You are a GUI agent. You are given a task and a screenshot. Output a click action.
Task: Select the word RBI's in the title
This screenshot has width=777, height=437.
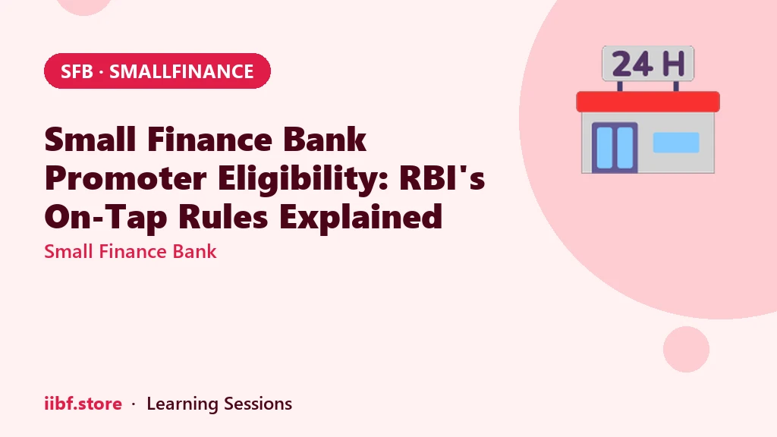coord(442,178)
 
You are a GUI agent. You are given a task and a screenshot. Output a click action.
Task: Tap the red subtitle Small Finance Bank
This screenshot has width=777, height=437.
coord(131,251)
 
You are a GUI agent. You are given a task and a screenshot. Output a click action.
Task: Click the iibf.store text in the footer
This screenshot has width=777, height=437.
coord(83,404)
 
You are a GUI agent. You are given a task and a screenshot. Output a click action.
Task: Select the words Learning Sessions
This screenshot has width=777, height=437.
coord(219,404)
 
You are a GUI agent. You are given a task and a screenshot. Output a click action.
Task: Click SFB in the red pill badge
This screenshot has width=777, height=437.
coord(77,71)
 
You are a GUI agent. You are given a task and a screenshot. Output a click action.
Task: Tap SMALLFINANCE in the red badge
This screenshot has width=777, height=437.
coord(181,71)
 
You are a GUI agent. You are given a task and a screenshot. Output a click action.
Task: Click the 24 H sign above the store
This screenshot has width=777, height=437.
coord(648,64)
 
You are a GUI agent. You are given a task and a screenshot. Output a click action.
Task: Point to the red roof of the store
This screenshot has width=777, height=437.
coord(648,102)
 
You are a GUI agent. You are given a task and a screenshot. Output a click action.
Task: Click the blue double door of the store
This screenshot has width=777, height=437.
coord(615,148)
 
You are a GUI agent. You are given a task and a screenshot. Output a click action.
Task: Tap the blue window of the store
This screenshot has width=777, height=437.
coord(676,142)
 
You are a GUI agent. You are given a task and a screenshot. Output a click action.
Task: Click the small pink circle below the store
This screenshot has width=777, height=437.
coord(686,349)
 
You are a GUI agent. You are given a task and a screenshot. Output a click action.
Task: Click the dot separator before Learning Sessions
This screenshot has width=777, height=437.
coord(134,404)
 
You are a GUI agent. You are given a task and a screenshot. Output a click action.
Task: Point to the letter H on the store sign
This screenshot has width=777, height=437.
coord(673,64)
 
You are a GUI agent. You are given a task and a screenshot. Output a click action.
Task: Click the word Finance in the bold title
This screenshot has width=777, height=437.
coord(209,140)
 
